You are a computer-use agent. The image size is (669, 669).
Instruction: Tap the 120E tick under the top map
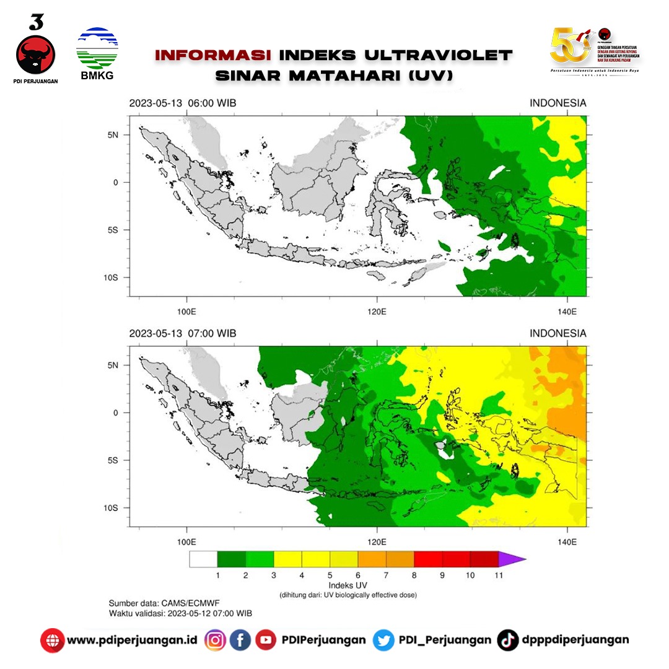tap(377, 311)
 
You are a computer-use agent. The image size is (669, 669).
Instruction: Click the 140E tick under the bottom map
tap(567, 542)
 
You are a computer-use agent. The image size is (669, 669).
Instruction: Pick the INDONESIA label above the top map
tap(557, 103)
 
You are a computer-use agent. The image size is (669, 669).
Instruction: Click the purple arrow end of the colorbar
tap(512, 559)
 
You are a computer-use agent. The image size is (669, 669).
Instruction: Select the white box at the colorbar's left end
tap(203, 559)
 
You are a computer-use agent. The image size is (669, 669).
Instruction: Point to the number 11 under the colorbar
tap(499, 575)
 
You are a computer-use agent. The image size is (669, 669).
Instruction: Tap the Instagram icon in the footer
tap(215, 640)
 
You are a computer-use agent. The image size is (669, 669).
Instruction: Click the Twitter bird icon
tap(383, 640)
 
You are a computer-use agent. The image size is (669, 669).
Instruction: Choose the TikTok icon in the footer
tap(507, 640)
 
